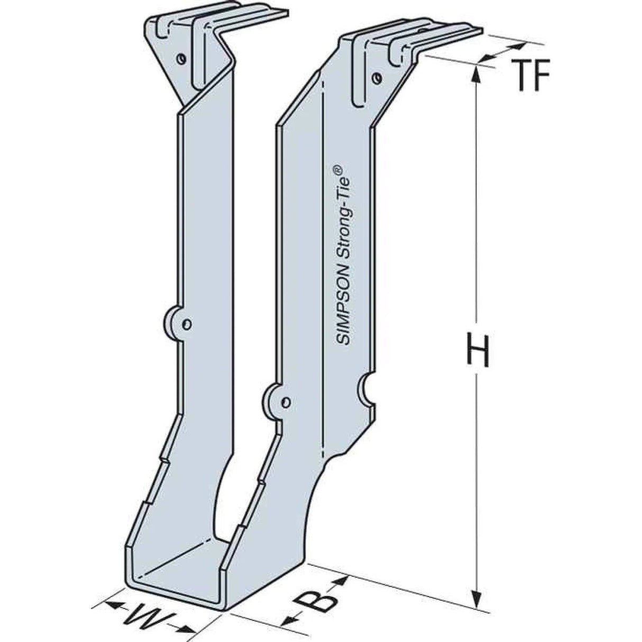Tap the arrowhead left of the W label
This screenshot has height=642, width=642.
pos(112,606)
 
